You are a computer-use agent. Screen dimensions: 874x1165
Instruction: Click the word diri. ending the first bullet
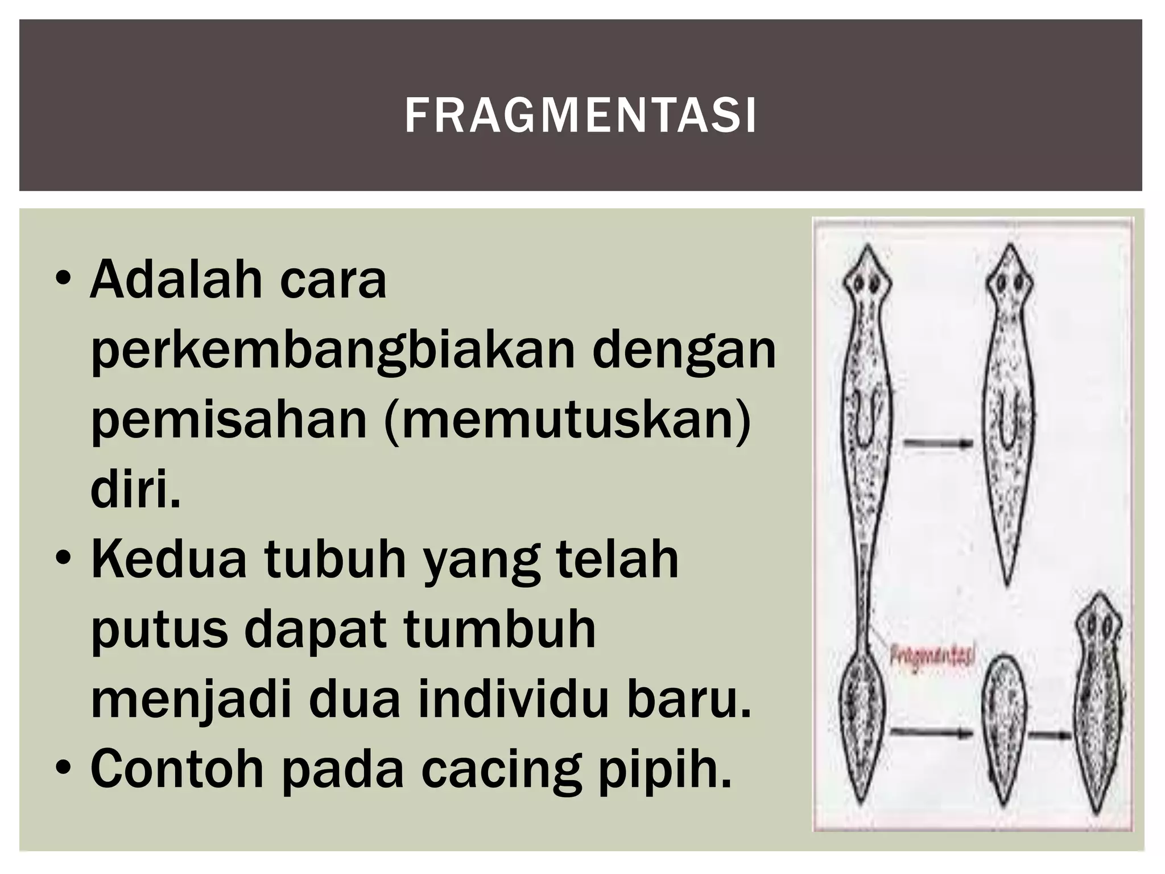coord(135,490)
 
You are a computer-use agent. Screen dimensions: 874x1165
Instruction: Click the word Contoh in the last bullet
coord(177,770)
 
